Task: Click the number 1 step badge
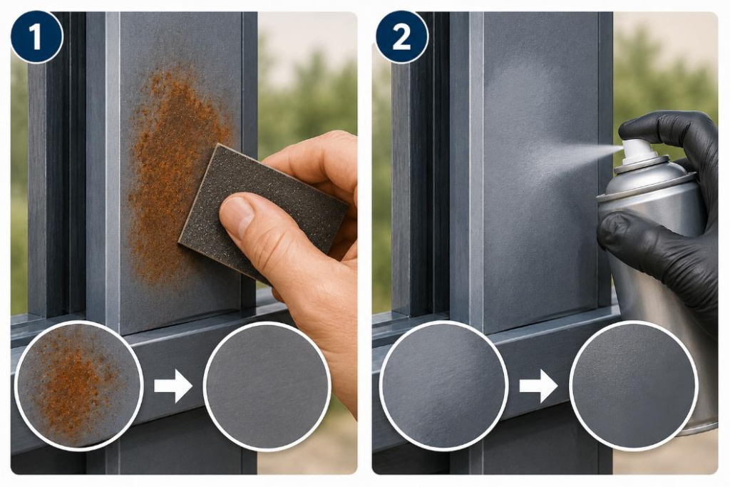tap(36, 37)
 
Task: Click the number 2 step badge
tap(401, 37)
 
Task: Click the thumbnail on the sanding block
tap(237, 217)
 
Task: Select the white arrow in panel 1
tap(173, 386)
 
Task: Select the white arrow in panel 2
tap(539, 386)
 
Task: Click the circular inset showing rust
tap(78, 386)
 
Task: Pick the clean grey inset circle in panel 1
tap(267, 386)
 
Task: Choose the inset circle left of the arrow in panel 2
tap(443, 386)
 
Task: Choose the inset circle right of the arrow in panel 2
tap(633, 386)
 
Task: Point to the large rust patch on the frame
tap(179, 173)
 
